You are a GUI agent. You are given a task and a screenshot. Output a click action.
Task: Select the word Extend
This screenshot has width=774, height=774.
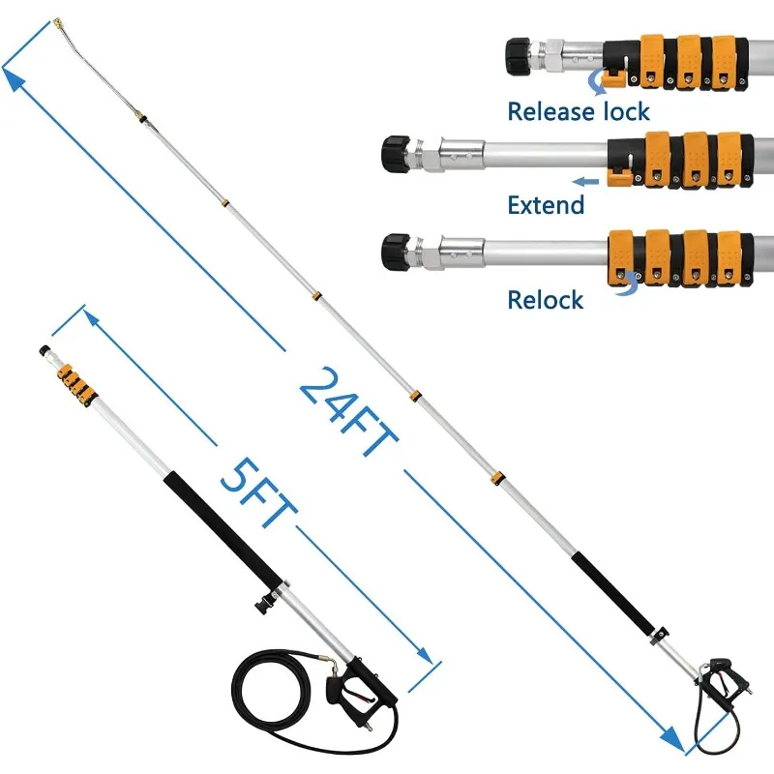click(546, 204)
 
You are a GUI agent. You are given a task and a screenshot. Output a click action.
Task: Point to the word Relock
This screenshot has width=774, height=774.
click(545, 299)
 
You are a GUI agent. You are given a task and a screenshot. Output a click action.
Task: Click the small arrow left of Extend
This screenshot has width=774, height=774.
click(584, 181)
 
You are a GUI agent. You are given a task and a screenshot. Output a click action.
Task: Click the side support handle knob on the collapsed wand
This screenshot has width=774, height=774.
click(259, 609)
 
